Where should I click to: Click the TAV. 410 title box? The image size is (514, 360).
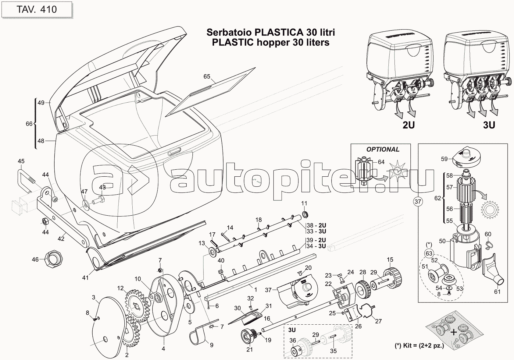(x=37, y=9)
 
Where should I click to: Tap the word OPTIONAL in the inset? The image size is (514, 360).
(x=383, y=149)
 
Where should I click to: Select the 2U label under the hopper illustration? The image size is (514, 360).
(x=409, y=125)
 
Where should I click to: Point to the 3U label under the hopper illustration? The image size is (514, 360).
(x=489, y=125)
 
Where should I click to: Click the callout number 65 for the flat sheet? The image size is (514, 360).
(x=207, y=76)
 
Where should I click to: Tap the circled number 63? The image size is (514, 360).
(x=429, y=253)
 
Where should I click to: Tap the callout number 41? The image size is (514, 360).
(x=85, y=277)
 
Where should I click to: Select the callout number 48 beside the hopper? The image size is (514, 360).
(x=41, y=141)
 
